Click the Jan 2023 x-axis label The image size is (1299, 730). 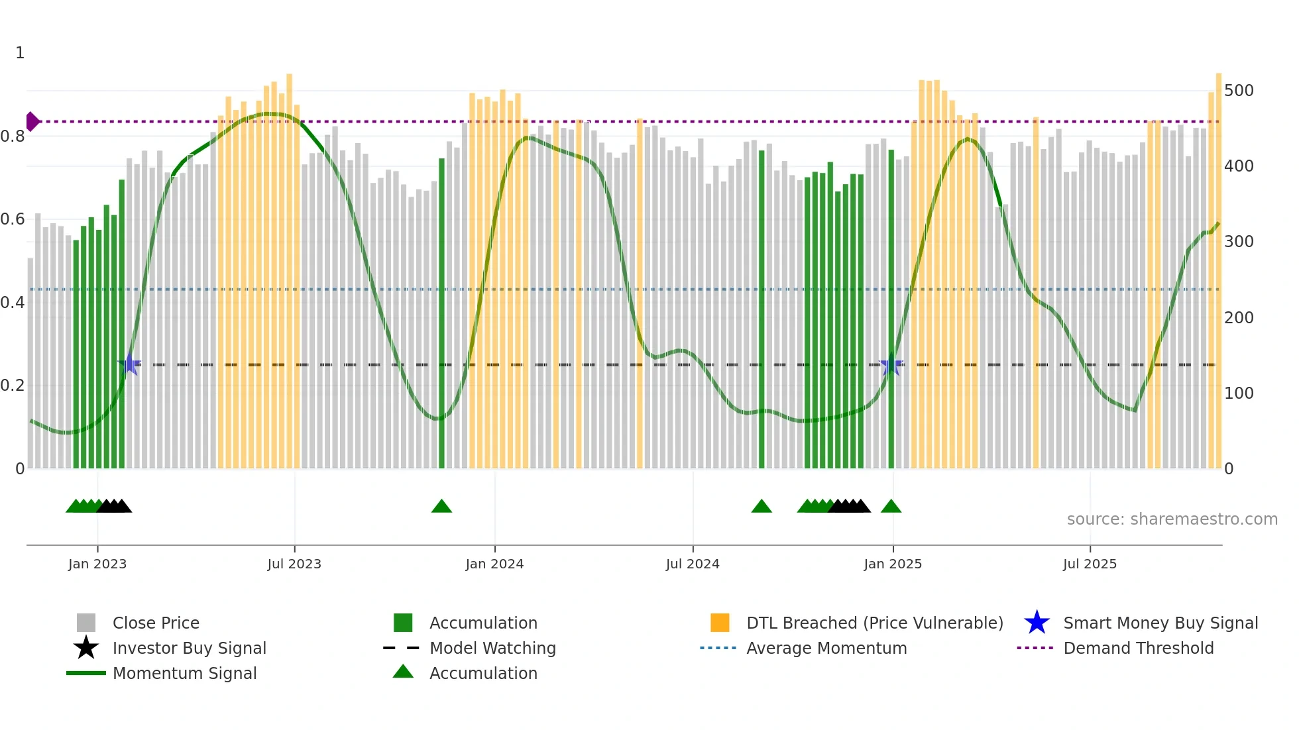tap(97, 564)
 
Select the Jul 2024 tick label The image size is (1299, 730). tap(693, 564)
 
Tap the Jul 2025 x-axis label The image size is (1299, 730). tap(1090, 564)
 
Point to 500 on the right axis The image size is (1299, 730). tap(1239, 91)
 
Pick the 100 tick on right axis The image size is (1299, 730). tap(1239, 393)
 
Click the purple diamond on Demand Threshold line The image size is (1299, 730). tap(32, 122)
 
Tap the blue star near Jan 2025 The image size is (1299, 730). tap(891, 365)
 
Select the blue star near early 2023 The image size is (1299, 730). tap(130, 364)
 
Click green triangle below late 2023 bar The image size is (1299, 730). tap(441, 507)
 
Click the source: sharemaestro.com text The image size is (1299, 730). tap(1172, 519)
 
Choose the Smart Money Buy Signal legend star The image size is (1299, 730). tap(1037, 623)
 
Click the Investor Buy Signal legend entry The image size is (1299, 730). tap(189, 648)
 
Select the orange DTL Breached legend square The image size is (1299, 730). tap(720, 623)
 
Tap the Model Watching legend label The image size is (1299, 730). tap(492, 648)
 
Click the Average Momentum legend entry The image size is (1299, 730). tap(826, 648)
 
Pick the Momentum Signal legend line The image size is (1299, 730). tap(86, 673)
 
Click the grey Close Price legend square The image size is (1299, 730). tap(86, 623)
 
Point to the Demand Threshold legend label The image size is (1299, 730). tap(1139, 648)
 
